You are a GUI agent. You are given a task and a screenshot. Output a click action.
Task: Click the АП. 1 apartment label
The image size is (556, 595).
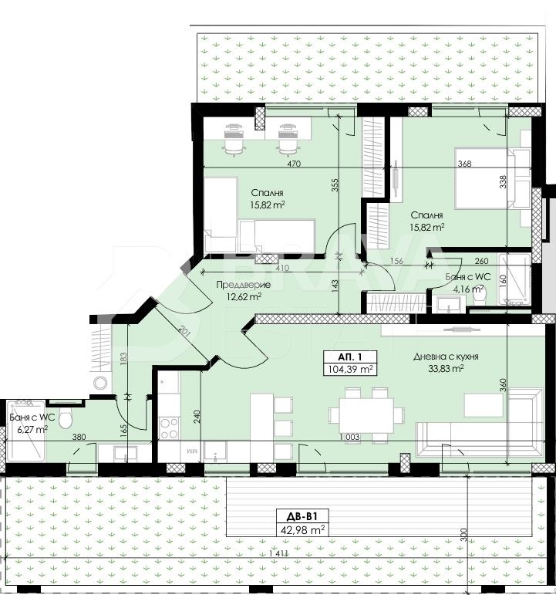point(350,357)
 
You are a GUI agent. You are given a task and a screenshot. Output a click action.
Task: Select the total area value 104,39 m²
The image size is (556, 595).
point(350,370)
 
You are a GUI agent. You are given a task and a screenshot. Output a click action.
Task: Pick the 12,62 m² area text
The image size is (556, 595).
point(244,296)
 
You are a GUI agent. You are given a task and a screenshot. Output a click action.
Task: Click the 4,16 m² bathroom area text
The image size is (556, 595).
point(469,289)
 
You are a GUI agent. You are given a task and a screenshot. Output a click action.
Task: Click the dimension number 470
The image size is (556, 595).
point(293,164)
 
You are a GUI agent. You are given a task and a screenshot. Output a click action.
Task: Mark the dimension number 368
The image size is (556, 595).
point(464,164)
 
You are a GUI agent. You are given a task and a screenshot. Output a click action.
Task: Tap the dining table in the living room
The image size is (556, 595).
point(366,414)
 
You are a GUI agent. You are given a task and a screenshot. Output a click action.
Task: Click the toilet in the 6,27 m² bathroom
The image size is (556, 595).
point(66,419)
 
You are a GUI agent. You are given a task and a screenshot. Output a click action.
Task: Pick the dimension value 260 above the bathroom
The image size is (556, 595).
point(481,261)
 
